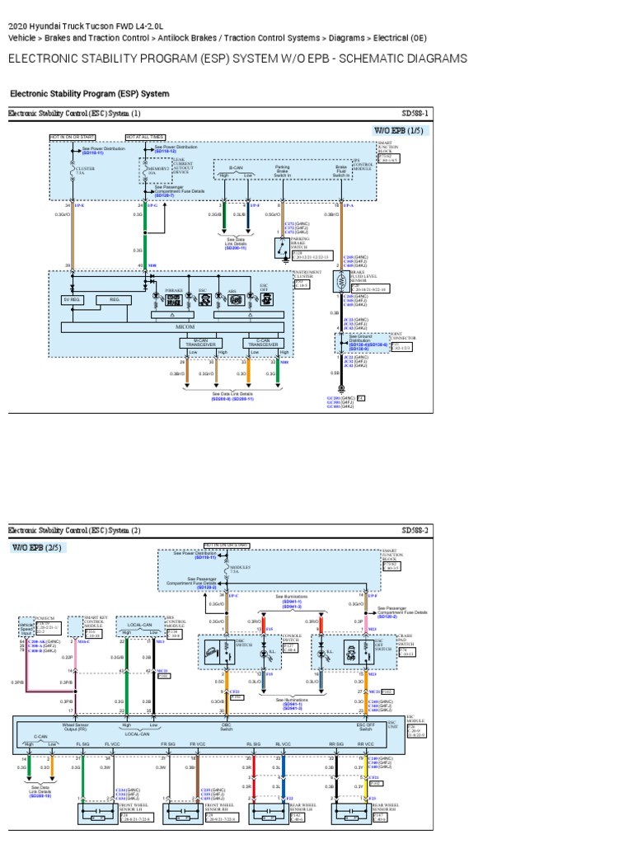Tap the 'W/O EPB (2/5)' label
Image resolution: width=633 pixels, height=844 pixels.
(x=36, y=547)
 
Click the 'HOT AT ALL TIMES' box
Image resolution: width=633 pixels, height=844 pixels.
(x=145, y=137)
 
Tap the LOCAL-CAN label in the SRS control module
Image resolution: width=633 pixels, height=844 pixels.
(x=137, y=626)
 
